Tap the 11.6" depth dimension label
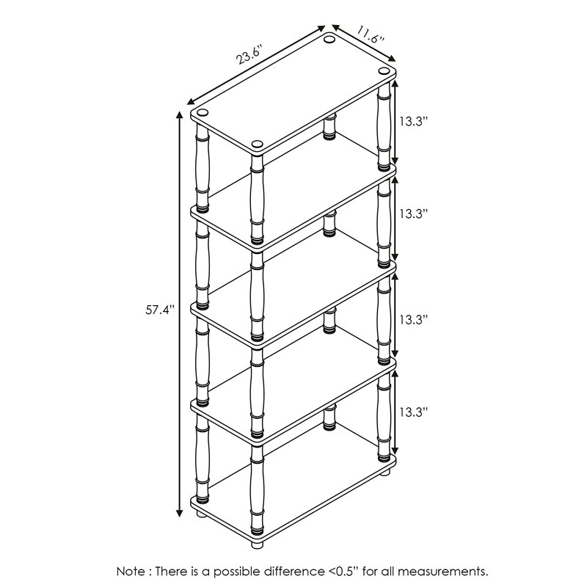point(371,34)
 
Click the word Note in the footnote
point(131,570)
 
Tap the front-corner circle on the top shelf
point(257,145)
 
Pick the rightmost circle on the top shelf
point(384,70)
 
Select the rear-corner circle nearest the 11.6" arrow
point(330,40)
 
